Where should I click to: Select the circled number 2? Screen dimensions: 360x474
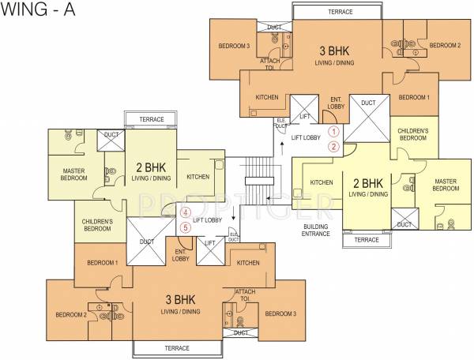click(334, 146)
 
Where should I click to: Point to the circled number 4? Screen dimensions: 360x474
click(186, 212)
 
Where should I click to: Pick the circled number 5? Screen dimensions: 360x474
click(186, 227)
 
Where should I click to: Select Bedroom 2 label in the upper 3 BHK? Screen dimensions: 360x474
click(444, 46)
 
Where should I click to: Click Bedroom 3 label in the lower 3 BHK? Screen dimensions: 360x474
click(280, 314)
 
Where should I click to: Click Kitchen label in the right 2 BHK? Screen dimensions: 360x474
click(322, 182)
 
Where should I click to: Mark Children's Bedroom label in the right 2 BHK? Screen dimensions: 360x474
click(413, 133)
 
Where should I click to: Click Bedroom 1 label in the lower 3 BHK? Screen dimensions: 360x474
click(102, 262)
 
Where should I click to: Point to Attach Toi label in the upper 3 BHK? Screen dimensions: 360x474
click(270, 64)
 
